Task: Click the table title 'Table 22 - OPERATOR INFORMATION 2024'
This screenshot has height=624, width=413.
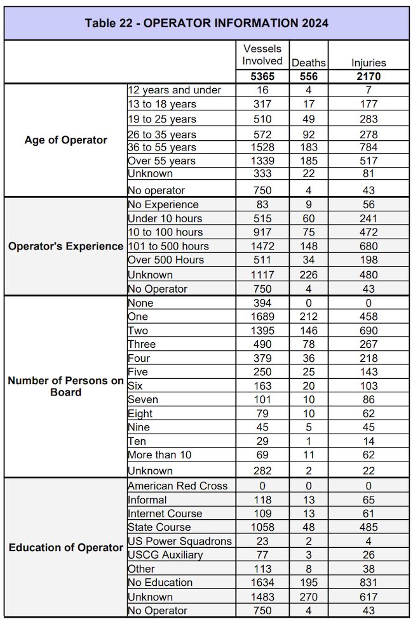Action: click(207, 23)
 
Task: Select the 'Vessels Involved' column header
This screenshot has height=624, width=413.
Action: click(262, 55)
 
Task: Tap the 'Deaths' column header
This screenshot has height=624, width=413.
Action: click(308, 63)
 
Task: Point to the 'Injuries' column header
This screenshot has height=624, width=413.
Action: click(369, 63)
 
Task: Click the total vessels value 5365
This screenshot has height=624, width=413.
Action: click(262, 77)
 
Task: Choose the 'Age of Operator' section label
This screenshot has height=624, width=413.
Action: click(66, 140)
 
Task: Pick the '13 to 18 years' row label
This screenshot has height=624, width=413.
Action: click(162, 104)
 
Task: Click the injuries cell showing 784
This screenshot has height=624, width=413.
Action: click(369, 147)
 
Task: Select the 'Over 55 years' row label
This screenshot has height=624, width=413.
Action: click(161, 161)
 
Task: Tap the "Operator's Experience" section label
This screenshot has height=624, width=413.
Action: click(66, 246)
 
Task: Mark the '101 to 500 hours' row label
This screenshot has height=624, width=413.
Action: click(168, 246)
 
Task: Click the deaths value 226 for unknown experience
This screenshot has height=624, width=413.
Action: click(308, 275)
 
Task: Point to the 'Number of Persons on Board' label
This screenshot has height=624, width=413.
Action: click(66, 386)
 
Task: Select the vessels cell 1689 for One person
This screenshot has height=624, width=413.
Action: click(262, 317)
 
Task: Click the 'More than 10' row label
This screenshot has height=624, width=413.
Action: click(159, 455)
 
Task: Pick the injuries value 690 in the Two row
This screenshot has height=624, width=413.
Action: click(369, 331)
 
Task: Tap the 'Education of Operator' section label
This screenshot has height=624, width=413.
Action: click(66, 547)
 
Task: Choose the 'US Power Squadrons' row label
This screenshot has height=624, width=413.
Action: click(180, 541)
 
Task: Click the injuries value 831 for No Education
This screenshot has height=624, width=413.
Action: click(369, 582)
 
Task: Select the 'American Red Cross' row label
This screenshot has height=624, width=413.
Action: click(177, 486)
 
